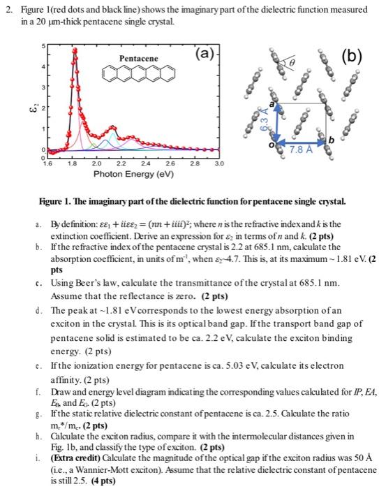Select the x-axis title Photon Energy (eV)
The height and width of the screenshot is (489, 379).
133,173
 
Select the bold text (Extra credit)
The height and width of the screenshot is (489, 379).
71,447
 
